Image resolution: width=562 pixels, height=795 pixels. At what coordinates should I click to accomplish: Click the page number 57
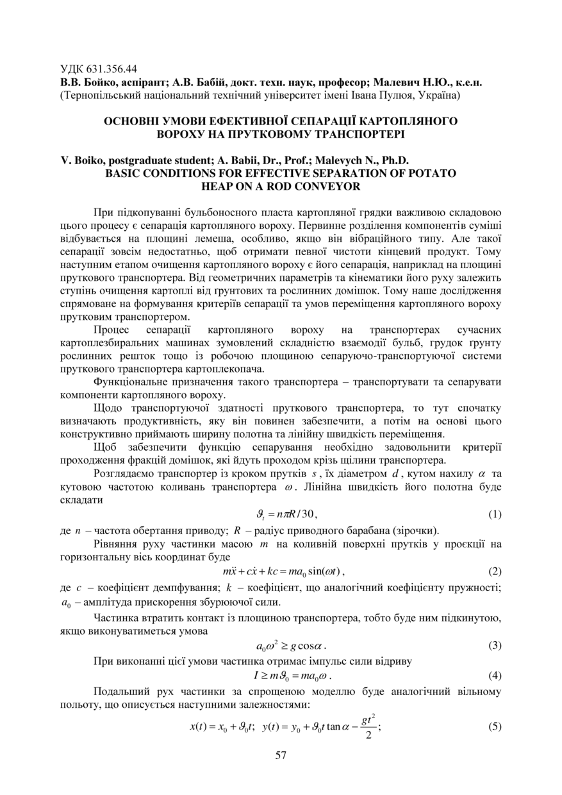tap(280, 755)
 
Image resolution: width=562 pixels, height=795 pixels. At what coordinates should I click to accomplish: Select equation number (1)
tap(494, 514)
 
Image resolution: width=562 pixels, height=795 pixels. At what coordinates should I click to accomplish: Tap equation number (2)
tap(494, 571)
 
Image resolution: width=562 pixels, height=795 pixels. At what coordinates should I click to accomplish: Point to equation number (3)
tap(494, 645)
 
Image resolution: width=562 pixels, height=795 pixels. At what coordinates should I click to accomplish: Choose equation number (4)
tap(494, 675)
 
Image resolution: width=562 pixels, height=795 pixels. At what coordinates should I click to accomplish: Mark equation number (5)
tap(494, 726)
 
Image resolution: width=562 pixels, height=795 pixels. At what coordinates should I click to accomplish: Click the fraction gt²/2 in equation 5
tap(367, 728)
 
